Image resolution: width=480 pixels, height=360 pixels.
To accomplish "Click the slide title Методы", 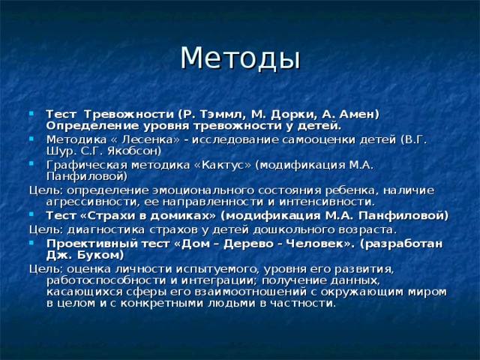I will click(240, 57).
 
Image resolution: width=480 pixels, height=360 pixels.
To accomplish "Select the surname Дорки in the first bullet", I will click(273, 113).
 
